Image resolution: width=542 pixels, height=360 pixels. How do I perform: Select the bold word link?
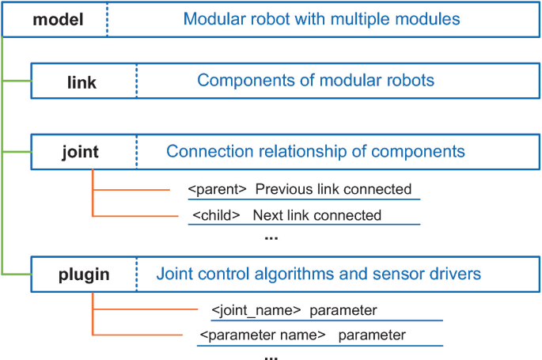(x=81, y=81)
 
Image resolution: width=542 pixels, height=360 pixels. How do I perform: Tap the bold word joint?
(x=82, y=151)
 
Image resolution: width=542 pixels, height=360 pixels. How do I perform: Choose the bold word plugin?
(x=84, y=275)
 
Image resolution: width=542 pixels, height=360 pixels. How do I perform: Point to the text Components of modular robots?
(x=316, y=81)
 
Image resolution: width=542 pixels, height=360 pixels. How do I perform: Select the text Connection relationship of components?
(x=316, y=151)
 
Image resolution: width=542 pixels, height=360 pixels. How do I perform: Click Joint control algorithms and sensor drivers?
(x=318, y=275)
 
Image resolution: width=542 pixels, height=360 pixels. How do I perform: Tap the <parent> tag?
(x=218, y=190)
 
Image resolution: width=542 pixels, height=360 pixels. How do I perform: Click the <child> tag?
(x=217, y=215)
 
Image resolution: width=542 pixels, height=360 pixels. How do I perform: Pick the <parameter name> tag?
(x=263, y=335)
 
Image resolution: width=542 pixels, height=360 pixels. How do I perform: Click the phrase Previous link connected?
(x=333, y=190)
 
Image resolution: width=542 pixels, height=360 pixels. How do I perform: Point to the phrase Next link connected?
(x=316, y=215)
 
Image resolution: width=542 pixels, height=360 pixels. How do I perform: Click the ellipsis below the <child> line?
(x=271, y=237)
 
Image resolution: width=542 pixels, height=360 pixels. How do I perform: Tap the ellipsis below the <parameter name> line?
(x=271, y=357)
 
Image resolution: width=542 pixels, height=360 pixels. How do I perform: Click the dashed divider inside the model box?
(x=108, y=18)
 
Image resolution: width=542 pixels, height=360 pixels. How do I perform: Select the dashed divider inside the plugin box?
(x=136, y=275)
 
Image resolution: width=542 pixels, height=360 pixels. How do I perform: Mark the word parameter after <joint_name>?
(x=343, y=310)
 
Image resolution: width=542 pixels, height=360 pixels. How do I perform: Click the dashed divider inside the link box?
(x=136, y=81)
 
